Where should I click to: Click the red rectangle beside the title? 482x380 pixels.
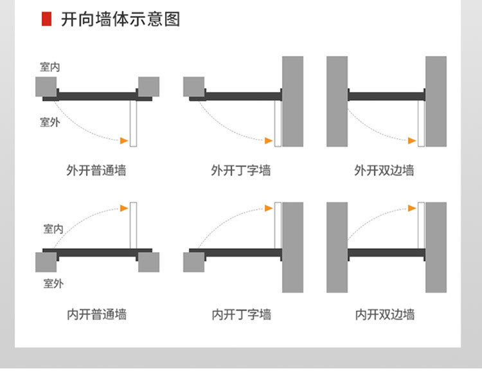[x=46, y=19]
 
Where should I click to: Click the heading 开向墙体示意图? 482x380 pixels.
[x=120, y=19]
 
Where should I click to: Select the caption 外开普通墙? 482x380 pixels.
[x=96, y=170]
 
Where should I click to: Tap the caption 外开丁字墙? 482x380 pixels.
[x=240, y=170]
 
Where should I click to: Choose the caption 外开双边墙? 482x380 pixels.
[x=384, y=170]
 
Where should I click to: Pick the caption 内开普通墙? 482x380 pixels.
[x=96, y=314]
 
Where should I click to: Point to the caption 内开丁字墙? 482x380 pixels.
[x=241, y=314]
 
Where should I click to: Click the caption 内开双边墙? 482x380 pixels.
[x=385, y=314]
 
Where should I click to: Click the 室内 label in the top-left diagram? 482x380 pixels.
[x=50, y=67]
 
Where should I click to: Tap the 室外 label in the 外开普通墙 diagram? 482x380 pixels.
[x=49, y=122]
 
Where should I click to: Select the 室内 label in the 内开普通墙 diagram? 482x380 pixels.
[x=53, y=228]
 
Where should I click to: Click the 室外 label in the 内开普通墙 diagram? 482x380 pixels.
[x=53, y=283]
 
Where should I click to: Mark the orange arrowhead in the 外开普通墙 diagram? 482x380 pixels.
[x=123, y=140]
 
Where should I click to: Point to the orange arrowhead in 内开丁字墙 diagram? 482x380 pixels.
[x=268, y=207]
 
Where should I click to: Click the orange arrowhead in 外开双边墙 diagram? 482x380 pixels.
[x=411, y=140]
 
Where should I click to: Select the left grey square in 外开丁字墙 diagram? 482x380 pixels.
[x=193, y=87]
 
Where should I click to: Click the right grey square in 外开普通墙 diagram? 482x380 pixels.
[x=148, y=87]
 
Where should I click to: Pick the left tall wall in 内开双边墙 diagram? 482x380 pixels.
[x=337, y=248]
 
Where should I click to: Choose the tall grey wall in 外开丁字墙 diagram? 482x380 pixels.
[x=292, y=102]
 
